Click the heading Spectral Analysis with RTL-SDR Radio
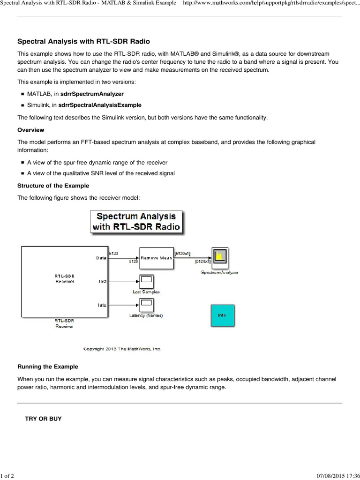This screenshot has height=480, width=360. point(83,42)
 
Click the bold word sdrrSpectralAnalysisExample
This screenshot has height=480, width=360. point(99,105)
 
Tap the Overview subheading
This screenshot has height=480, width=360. point(31,130)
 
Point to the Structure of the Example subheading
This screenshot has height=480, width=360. point(53,186)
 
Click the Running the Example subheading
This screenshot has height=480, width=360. point(48,367)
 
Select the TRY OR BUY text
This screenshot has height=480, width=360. point(43,418)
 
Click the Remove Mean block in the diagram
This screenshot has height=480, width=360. point(156,258)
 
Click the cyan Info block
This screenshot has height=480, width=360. point(222,315)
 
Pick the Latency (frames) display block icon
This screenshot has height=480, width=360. point(145,305)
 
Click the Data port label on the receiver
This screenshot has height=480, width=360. point(101,258)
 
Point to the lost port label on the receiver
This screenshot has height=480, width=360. point(102,282)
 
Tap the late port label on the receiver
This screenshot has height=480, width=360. point(102,305)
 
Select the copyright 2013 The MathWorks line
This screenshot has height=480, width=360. point(122,349)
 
